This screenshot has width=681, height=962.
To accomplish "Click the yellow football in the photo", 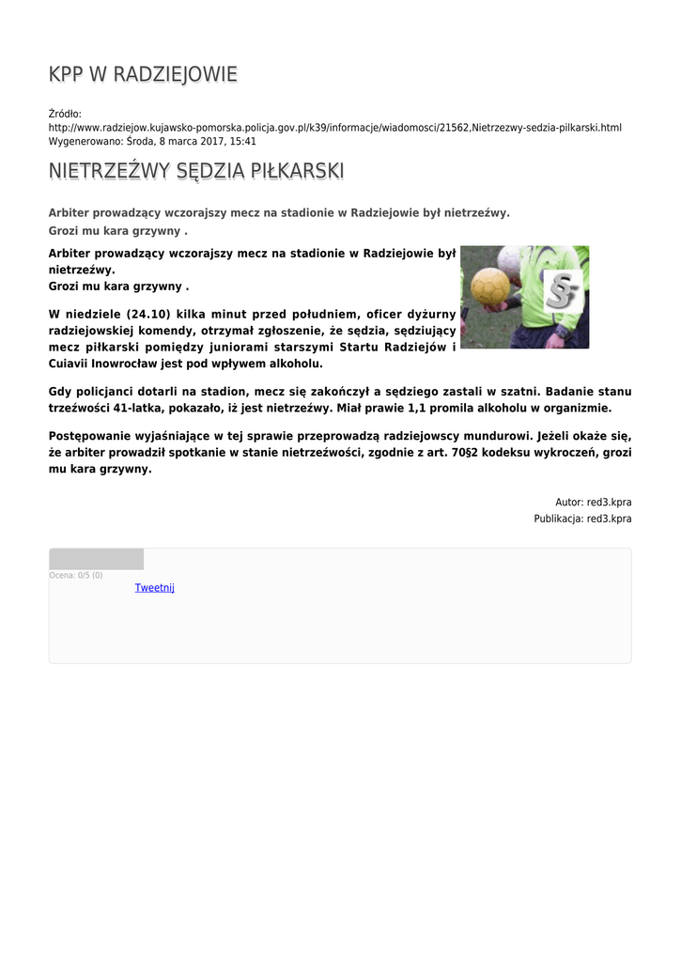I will pos(490,287).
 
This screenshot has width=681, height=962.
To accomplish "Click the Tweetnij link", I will pos(155,588).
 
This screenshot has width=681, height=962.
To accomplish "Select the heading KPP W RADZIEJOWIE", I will pos(143,74).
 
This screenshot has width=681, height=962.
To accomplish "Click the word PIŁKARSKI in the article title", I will pos(297,171).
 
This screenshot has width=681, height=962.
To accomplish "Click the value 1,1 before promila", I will pos(418,409).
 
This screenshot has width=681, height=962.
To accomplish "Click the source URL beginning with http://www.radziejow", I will pos(334,128).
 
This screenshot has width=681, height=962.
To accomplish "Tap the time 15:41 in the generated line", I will pos(243,141).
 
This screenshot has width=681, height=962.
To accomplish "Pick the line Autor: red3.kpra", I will pos(593,503).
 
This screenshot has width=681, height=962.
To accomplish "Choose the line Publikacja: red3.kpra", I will pos(582,519).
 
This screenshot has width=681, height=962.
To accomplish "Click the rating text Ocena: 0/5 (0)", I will pos(76,575).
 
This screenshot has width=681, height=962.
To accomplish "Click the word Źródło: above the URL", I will pos(65,114).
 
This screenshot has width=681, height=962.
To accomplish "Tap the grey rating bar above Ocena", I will pos(97,559).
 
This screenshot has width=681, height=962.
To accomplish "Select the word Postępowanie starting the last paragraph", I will pos(93,437).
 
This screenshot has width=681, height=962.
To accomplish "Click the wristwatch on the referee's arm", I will pos(560,330).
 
